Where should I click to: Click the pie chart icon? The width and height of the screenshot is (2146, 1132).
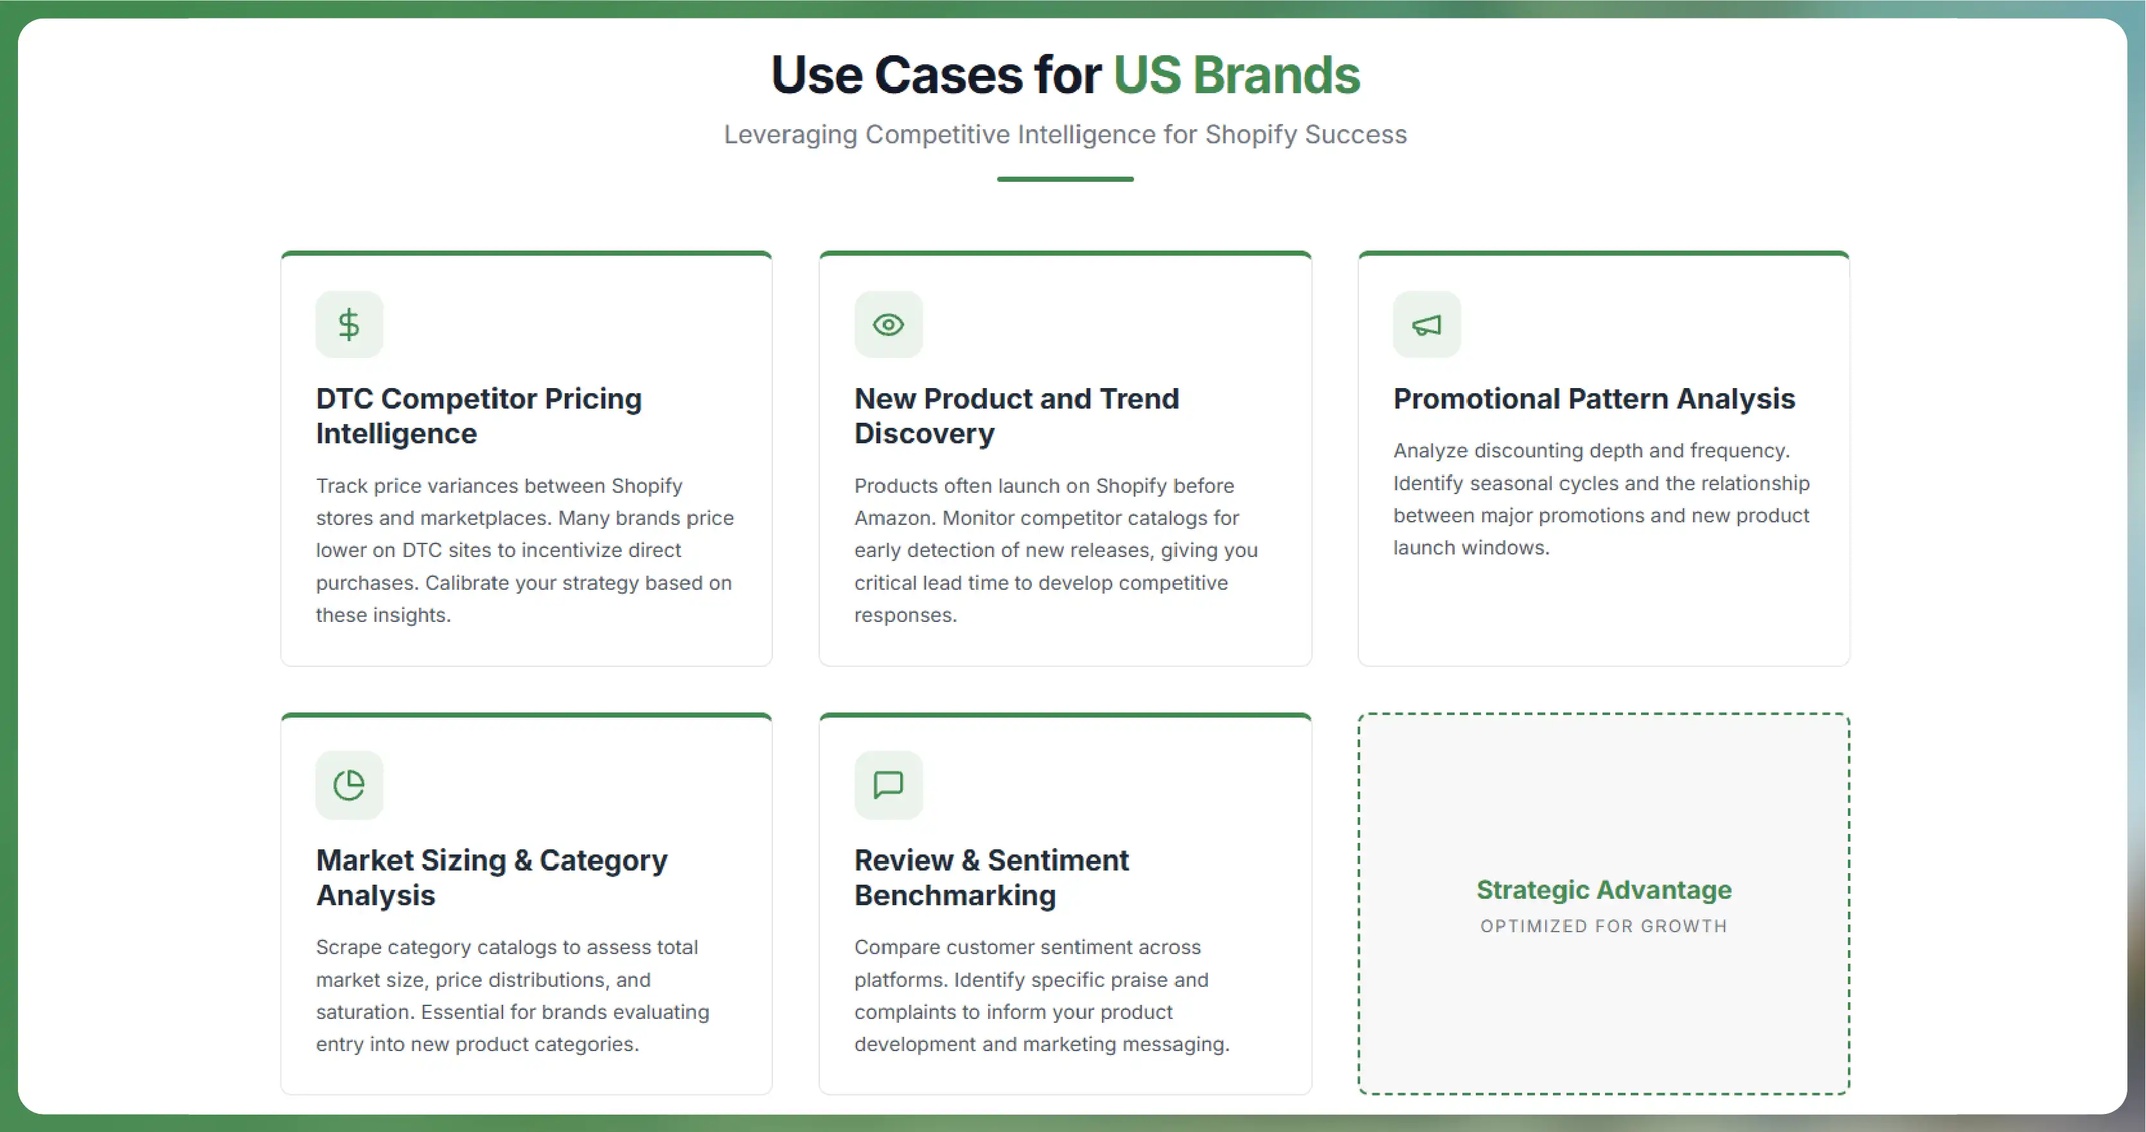(x=349, y=784)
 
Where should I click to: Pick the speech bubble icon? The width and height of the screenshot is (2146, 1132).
(x=888, y=784)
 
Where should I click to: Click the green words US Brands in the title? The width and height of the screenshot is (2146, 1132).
(x=1236, y=75)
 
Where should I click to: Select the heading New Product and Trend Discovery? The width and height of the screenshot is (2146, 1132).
(x=1016, y=416)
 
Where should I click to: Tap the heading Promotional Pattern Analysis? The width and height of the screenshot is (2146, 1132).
(x=1593, y=399)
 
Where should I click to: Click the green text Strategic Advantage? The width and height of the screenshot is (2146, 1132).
(x=1604, y=890)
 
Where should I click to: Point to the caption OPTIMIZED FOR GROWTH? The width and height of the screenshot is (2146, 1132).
(x=1604, y=926)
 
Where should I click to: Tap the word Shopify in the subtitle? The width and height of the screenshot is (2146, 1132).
(x=1250, y=135)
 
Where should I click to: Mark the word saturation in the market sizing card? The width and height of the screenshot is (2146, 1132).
(x=363, y=1012)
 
